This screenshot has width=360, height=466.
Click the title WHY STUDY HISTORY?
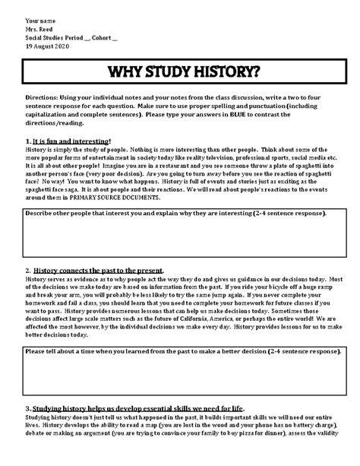point(180,74)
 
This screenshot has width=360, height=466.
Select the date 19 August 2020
point(46,46)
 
